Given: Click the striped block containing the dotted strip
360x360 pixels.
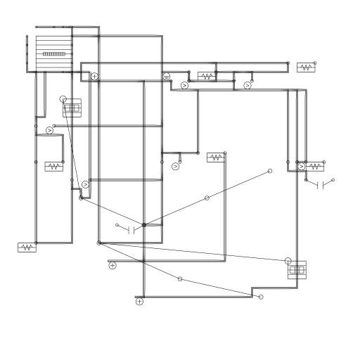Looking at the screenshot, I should coord(53,53).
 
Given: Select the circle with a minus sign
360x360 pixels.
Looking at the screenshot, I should coord(167,77).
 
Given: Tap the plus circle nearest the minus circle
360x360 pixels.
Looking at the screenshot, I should coord(95,76).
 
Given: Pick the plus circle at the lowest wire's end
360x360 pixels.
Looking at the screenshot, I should coord(139,302).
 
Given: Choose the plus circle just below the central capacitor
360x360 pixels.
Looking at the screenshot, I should coord(112,266).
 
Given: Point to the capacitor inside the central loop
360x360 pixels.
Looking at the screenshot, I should coord(131,229).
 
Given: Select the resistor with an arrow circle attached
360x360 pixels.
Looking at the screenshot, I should coord(314,167).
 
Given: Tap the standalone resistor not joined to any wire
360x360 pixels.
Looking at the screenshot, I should coord(306,67).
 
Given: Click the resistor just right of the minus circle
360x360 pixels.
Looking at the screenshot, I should coord(207,76).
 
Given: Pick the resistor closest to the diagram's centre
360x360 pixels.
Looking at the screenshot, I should coord(215,157).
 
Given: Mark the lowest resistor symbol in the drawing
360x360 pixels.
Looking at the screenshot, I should coord(27,247).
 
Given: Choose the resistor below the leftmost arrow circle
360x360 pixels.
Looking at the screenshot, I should coord(53,167).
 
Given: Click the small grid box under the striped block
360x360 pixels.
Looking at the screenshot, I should coord(72,108).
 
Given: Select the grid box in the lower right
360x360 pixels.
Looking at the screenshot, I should coord(297,270).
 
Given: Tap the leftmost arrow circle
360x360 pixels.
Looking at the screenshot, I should coord(49,131).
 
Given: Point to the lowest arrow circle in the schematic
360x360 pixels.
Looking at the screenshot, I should coord(86,185).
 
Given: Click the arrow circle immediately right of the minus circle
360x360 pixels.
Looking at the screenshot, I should coord(185,86).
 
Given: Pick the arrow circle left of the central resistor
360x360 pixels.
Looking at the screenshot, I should coord(176,167).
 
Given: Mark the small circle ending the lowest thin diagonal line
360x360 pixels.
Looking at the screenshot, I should coord(261,297).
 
